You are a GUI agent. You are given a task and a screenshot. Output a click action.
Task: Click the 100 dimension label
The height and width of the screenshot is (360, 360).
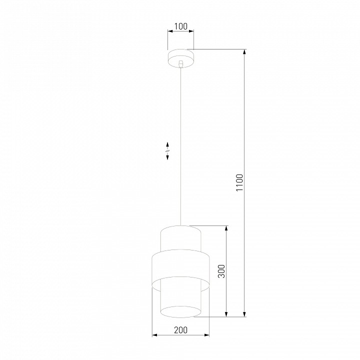(180, 26)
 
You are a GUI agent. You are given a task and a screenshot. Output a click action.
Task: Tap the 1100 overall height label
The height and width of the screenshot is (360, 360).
(239, 183)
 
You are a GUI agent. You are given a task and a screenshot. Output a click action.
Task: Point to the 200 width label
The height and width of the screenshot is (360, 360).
(180, 330)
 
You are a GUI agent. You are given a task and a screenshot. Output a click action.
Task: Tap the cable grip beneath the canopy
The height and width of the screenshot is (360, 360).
(180, 64)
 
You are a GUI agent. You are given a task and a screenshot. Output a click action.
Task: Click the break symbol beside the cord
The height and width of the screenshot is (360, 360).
(167, 150)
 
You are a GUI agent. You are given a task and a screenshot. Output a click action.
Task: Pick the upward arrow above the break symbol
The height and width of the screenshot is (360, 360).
(167, 143)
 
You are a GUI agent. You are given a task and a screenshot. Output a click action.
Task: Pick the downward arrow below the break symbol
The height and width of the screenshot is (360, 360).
(167, 157)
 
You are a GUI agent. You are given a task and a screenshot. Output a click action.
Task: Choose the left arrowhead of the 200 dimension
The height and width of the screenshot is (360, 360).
(154, 335)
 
